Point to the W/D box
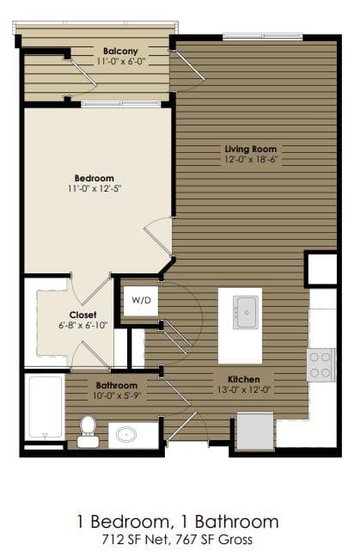140,301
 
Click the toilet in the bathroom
88,429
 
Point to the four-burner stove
320,364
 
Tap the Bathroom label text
113,386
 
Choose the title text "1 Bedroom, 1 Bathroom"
180,522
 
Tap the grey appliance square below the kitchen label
255,431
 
